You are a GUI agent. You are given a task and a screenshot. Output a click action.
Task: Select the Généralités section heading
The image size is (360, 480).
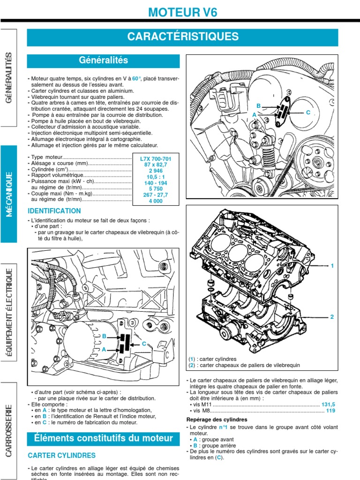pyautogui.click(x=103, y=60)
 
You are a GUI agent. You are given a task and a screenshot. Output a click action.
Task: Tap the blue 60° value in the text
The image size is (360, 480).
pyautogui.click(x=137, y=78)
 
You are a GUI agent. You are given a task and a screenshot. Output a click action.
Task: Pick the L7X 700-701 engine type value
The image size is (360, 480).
pyautogui.click(x=156, y=159)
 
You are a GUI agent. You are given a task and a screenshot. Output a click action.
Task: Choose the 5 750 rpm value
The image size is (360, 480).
pyautogui.click(x=156, y=194)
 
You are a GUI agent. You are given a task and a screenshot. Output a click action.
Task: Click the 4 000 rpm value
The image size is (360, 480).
pyautogui.click(x=156, y=201)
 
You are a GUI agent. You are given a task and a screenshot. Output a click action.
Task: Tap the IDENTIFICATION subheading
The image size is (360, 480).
pyautogui.click(x=54, y=211)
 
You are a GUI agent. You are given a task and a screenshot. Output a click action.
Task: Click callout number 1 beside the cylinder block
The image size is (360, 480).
pyautogui.click(x=332, y=266)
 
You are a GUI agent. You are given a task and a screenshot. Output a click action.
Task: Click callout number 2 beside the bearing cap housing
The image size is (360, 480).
pyautogui.click(x=332, y=317)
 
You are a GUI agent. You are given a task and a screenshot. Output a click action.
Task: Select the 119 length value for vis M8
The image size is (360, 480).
pyautogui.click(x=331, y=411)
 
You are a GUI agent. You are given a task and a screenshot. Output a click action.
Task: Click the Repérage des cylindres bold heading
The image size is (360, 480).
pyautogui.click(x=217, y=420)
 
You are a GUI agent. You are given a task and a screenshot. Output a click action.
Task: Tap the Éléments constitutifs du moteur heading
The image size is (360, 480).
pyautogui.click(x=103, y=438)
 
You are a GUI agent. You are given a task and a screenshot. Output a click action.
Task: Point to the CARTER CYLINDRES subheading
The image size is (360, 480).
pyautogui.click(x=62, y=455)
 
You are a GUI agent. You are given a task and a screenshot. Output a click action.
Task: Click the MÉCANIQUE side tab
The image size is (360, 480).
pyautogui.click(x=9, y=194)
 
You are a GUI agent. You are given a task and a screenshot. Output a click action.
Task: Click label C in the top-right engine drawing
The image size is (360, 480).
pyautogui.click(x=308, y=112)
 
